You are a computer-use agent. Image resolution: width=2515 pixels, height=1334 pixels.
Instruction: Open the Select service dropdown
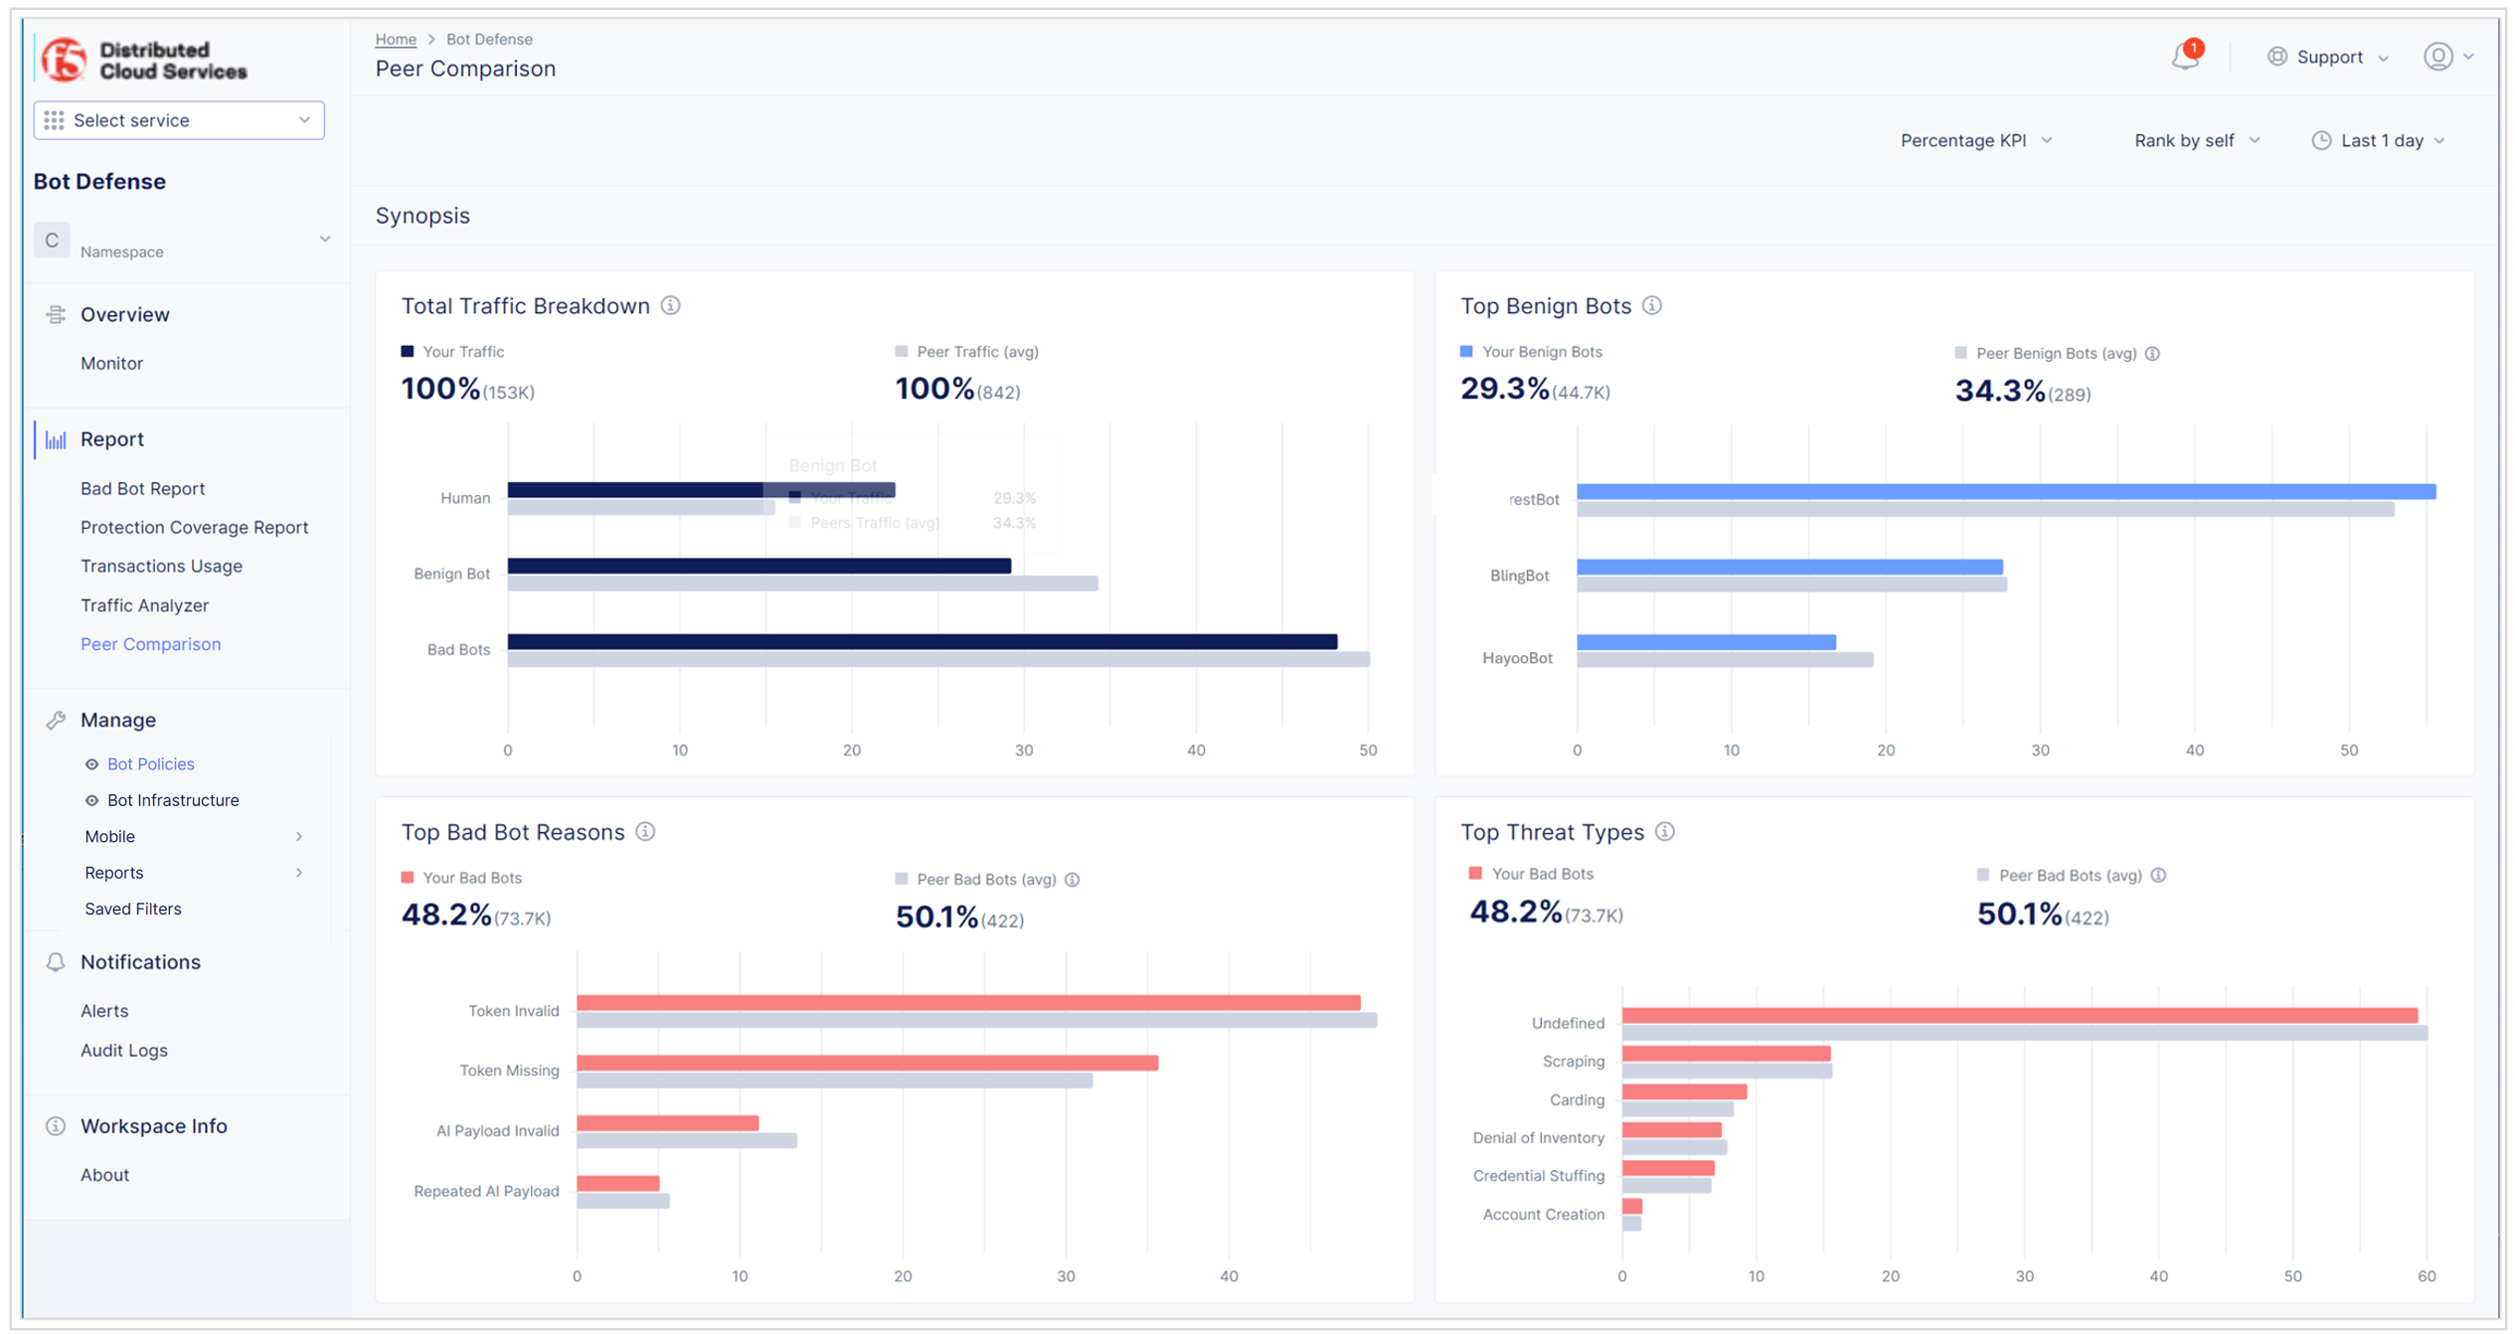point(179,120)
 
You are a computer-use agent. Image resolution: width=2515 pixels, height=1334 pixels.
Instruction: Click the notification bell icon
point(2184,57)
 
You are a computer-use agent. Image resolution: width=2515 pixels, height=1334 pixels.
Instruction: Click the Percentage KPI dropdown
point(1974,141)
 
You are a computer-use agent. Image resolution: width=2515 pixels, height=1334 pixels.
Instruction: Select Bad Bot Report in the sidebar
point(142,488)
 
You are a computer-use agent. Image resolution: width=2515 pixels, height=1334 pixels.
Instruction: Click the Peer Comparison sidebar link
point(150,644)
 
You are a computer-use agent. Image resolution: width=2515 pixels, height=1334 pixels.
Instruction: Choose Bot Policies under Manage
point(150,763)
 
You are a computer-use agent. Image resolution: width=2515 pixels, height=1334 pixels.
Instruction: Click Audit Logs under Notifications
point(123,1050)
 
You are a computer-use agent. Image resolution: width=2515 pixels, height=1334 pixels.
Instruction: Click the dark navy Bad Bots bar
point(922,642)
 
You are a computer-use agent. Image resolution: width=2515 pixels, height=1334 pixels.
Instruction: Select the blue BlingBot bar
point(1788,567)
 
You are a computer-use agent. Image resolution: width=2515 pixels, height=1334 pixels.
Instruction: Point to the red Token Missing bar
point(866,1063)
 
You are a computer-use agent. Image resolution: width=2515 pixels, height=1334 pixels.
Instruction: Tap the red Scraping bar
point(1725,1054)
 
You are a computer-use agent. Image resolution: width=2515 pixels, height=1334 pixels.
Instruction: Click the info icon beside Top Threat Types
point(1665,832)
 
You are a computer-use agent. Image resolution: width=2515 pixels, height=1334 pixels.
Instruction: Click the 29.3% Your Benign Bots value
point(1504,389)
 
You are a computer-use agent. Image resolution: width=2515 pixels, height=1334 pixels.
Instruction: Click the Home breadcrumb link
point(395,39)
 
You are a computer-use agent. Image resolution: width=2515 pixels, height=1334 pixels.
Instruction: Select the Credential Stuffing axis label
point(1538,1176)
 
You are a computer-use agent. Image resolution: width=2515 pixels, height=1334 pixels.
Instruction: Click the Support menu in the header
point(2327,57)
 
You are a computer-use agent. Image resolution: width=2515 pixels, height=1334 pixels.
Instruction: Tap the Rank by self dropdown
point(2195,141)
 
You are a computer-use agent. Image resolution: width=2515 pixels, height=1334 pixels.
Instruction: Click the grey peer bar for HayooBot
point(1724,660)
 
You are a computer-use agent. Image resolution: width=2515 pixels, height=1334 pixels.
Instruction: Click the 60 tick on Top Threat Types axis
point(2426,1275)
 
